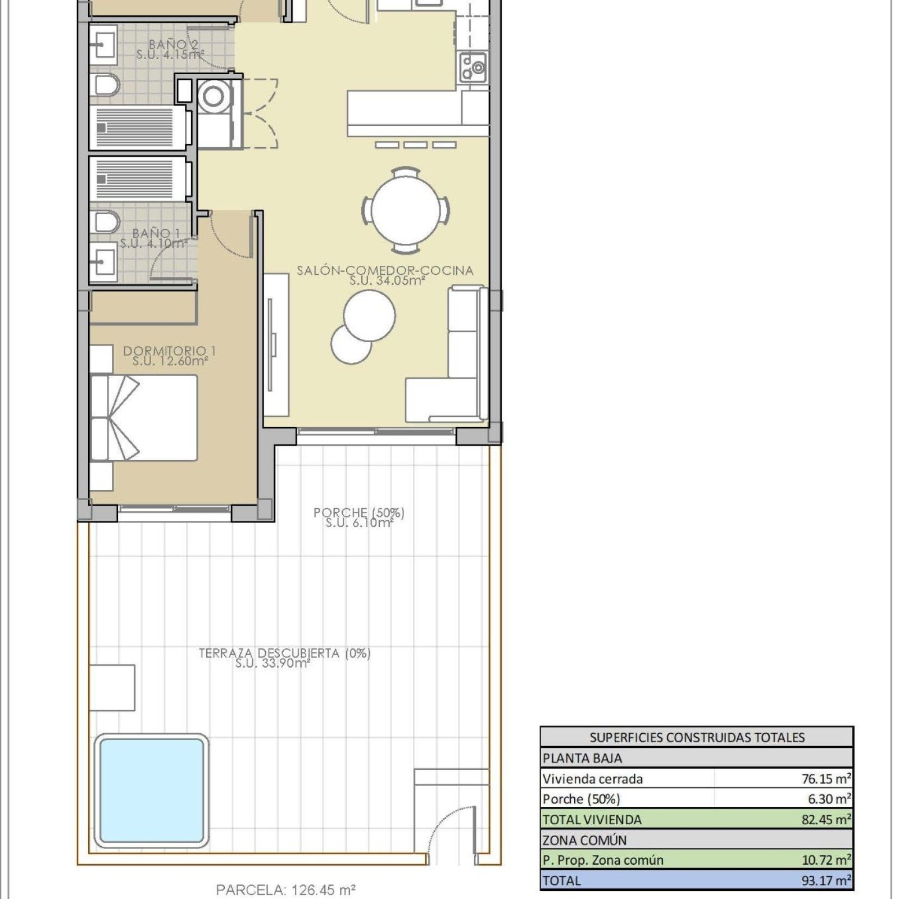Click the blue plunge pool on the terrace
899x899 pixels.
[151, 791]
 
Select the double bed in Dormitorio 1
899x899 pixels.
[144, 418]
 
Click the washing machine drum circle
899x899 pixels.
[214, 96]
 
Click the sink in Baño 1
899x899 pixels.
[103, 261]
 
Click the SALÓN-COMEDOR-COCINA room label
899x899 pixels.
[385, 270]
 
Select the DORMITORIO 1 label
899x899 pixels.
[170, 351]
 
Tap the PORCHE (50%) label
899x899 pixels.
[359, 512]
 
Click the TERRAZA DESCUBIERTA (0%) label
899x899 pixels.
[285, 653]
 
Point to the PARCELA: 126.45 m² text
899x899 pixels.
[286, 890]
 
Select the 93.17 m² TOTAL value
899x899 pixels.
[826, 880]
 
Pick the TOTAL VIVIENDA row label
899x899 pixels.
[592, 820]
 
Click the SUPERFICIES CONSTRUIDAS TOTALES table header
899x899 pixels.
[697, 738]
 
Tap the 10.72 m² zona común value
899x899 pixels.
[826, 860]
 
